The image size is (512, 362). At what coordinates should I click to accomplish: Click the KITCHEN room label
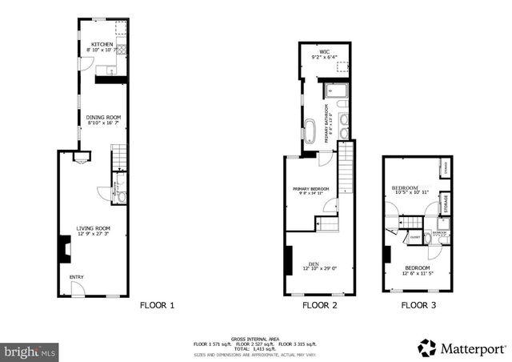click(x=102, y=45)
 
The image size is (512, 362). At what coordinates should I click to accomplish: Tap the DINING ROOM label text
click(x=102, y=117)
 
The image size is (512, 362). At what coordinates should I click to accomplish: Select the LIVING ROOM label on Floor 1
click(x=93, y=228)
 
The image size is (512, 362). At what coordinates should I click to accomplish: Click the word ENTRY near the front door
click(x=77, y=277)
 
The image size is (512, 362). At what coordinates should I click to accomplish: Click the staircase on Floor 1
click(x=118, y=156)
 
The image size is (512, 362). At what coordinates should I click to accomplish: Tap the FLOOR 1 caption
click(x=157, y=305)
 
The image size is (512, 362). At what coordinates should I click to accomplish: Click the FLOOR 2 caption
click(x=319, y=305)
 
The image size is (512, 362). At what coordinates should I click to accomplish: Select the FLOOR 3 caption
click(x=417, y=305)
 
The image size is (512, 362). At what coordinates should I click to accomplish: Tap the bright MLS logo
click(x=30, y=350)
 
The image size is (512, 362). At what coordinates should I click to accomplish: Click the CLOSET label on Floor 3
click(x=415, y=238)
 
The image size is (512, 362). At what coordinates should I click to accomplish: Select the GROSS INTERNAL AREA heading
click(x=255, y=337)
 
